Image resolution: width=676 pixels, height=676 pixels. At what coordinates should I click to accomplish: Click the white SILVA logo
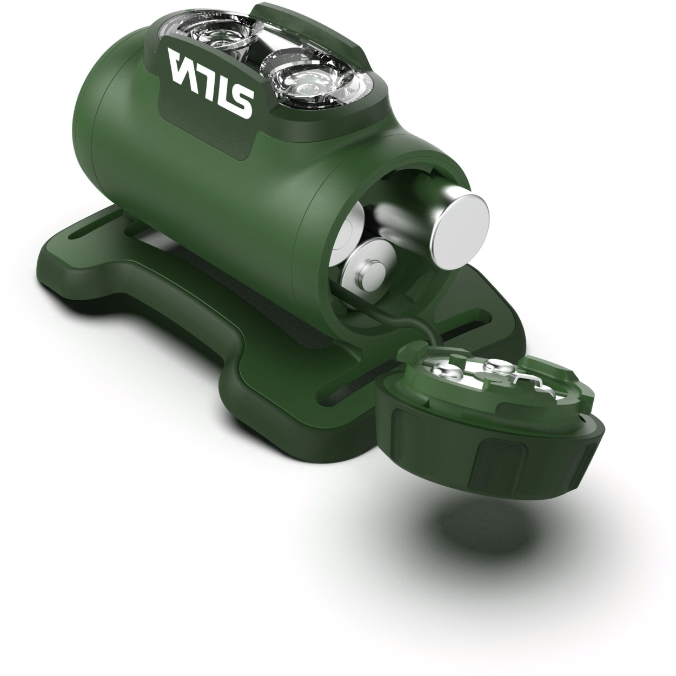(210, 84)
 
